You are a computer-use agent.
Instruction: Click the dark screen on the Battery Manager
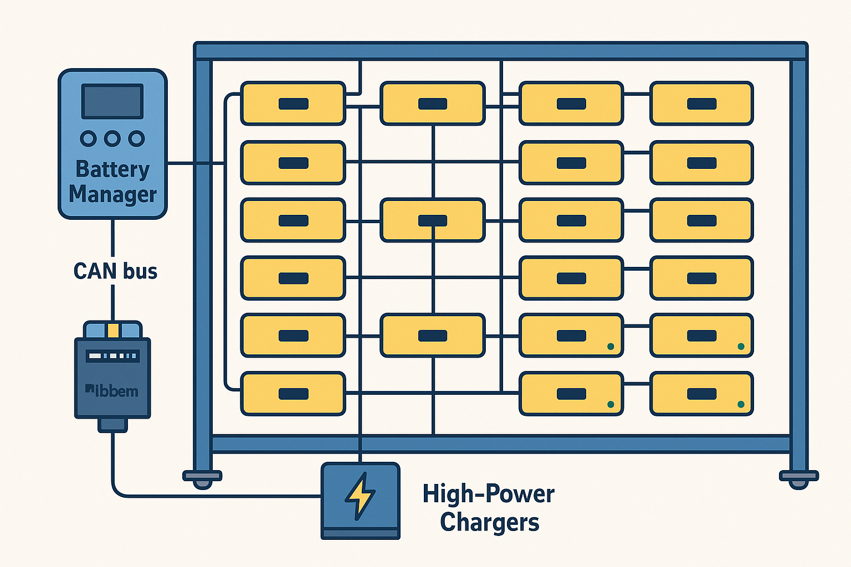[112, 101]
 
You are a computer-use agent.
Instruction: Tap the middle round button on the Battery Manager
[112, 138]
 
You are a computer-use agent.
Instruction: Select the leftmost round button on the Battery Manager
[89, 138]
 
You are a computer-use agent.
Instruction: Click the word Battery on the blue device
[112, 169]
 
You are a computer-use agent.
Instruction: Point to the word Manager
[112, 195]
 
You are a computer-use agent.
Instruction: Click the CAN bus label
[115, 271]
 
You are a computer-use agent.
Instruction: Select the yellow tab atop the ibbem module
[113, 330]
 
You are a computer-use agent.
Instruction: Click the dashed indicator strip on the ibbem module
[112, 355]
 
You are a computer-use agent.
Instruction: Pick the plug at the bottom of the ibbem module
[112, 425]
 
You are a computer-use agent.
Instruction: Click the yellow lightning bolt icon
[360, 496]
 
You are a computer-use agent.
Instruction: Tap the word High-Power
[488, 494]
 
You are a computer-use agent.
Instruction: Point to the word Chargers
[490, 522]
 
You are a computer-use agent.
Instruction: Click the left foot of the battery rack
[202, 476]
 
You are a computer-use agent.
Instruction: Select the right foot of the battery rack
[798, 476]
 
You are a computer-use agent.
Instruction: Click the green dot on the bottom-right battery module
[741, 405]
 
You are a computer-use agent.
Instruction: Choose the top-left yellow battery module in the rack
[293, 104]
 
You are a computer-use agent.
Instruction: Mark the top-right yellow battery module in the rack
[701, 104]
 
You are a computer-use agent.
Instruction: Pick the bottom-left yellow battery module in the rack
[293, 394]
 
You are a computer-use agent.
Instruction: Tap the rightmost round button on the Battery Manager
[136, 138]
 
